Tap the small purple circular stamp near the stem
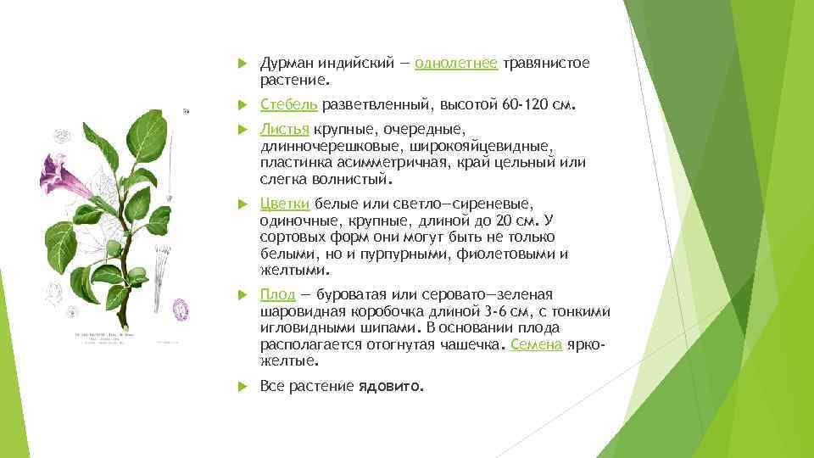tap(179, 308)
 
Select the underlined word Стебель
tap(289, 104)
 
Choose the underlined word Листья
tap(285, 129)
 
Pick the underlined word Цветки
tap(285, 204)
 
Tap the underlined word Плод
tap(277, 294)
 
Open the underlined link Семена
tap(536, 344)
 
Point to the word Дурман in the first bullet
tap(287, 64)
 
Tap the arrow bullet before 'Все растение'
tap(241, 386)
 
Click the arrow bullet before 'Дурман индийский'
tap(241, 64)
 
